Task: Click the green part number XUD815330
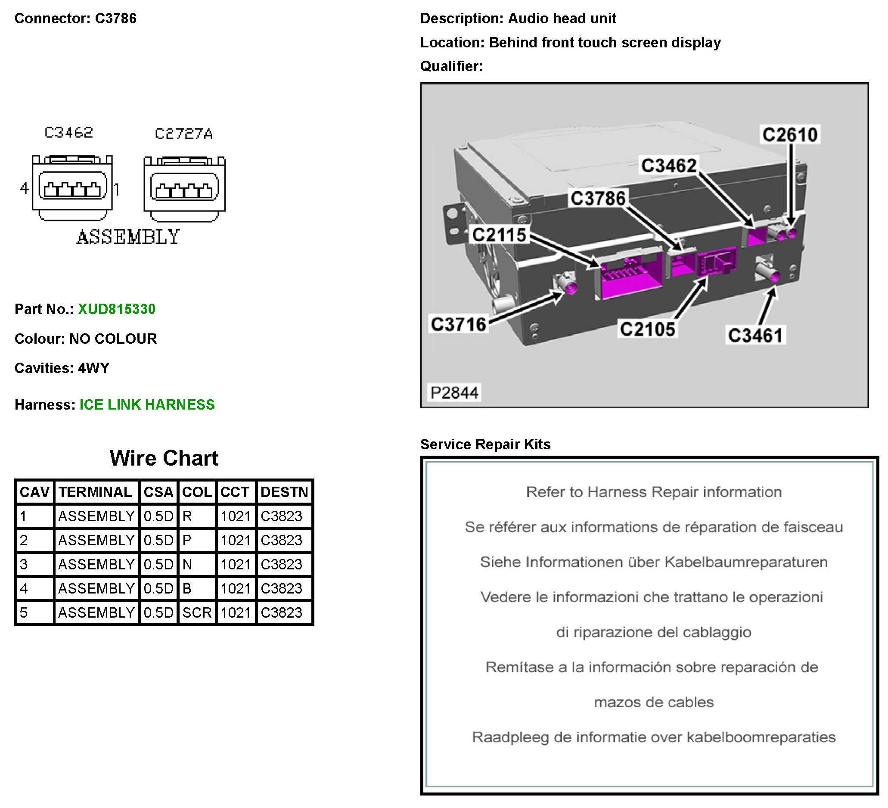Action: (x=117, y=309)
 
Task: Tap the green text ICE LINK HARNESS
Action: (x=147, y=405)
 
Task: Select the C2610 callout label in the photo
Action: (x=790, y=135)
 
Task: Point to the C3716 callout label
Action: (x=458, y=325)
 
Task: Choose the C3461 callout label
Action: (x=755, y=336)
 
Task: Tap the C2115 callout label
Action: (x=499, y=235)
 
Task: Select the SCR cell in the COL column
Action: (x=197, y=613)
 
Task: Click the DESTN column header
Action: (x=284, y=492)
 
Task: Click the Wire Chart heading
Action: (x=164, y=458)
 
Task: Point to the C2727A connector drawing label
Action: (x=184, y=134)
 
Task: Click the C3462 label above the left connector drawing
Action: (x=69, y=133)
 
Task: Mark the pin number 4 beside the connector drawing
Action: (x=24, y=189)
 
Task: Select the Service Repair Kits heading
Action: (x=485, y=444)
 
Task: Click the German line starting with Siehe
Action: (x=654, y=562)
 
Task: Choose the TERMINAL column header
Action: (x=96, y=492)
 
